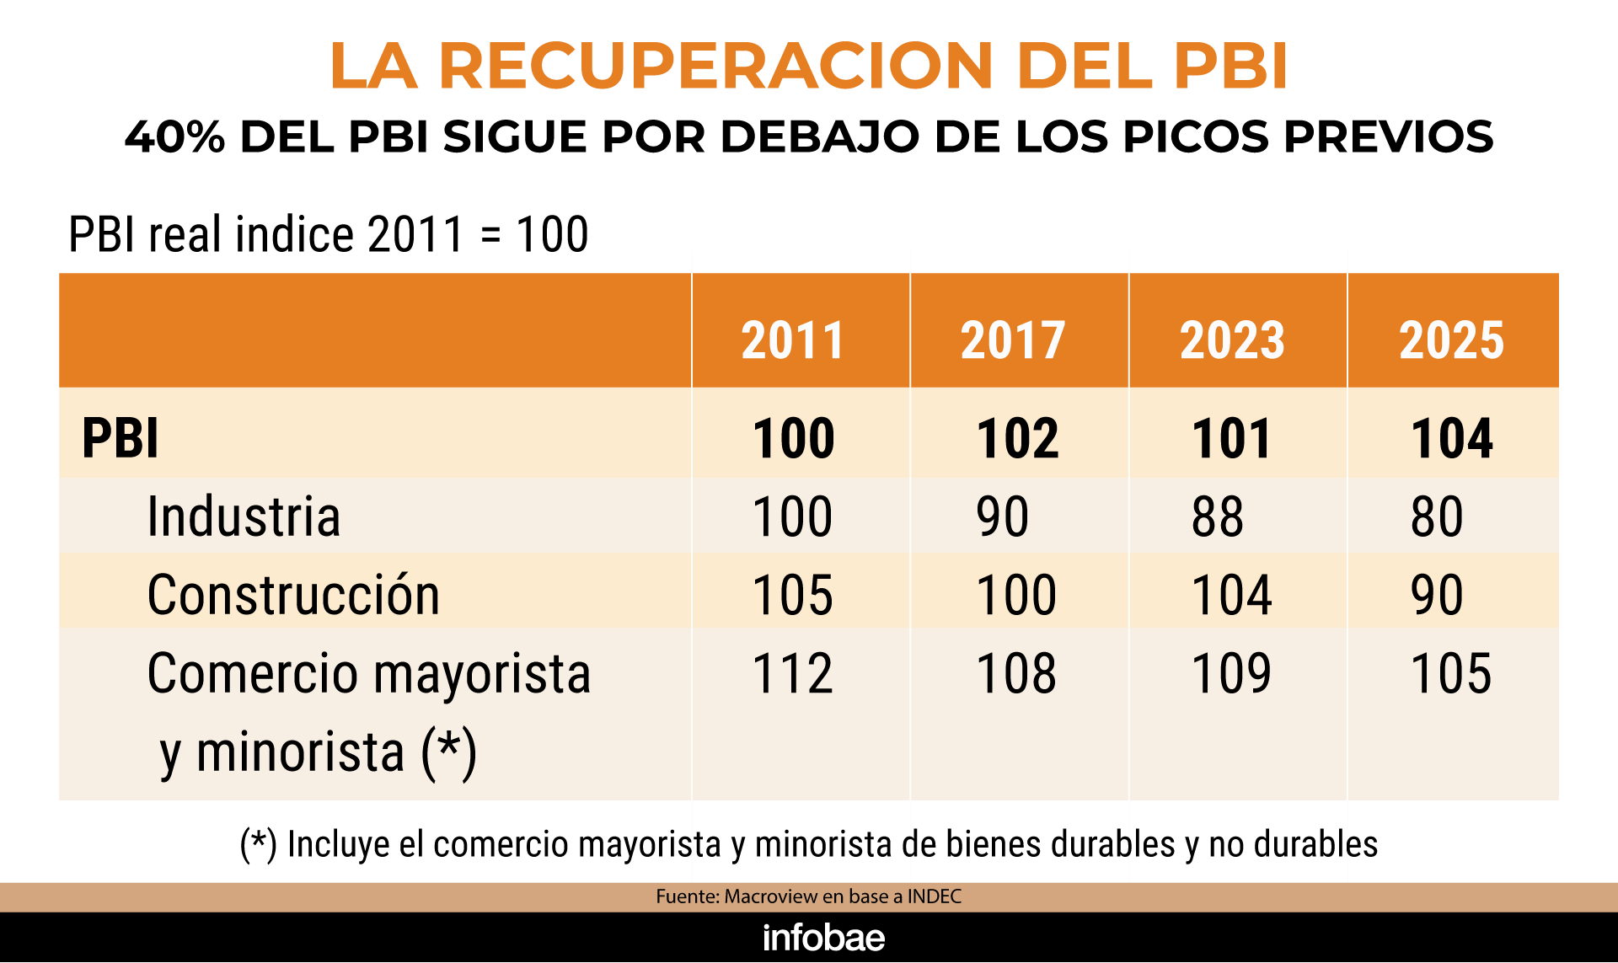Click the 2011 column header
tap(793, 340)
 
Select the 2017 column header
tap(1013, 340)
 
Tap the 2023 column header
tap(1232, 340)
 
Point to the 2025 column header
tap(1451, 340)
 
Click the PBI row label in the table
tap(121, 438)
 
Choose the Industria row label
tap(244, 516)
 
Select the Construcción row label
tap(293, 595)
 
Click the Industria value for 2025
tap(1437, 516)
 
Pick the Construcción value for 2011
tap(793, 595)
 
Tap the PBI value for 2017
tap(1017, 438)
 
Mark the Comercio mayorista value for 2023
tap(1231, 673)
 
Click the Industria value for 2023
tap(1218, 516)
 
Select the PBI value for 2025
tap(1451, 438)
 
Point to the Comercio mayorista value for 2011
tap(793, 673)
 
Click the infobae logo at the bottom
tap(823, 938)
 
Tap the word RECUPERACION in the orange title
tap(716, 66)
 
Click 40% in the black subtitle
tap(174, 136)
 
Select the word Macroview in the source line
tap(771, 896)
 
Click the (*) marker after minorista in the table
tap(449, 752)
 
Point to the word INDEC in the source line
tap(935, 896)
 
